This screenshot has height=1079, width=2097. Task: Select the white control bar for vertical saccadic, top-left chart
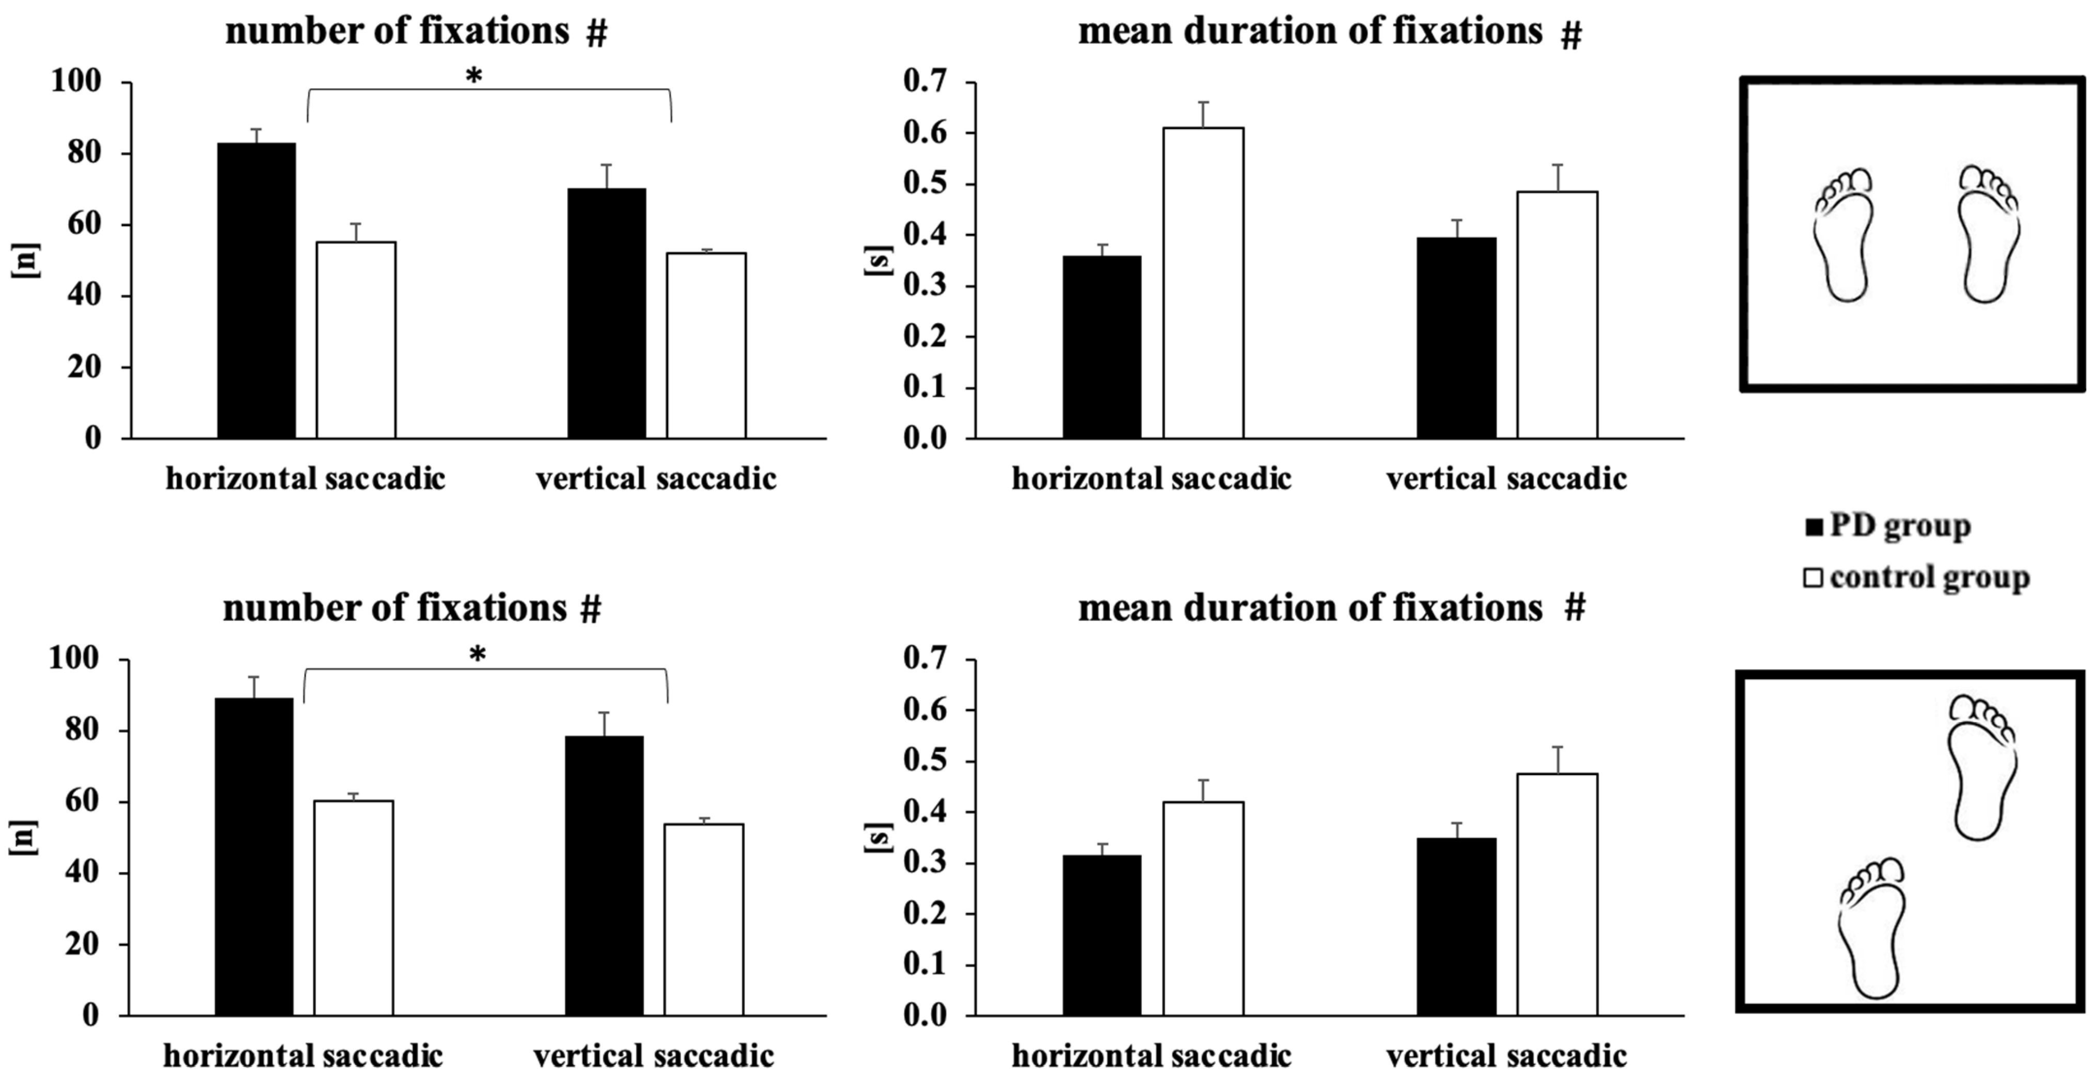[706, 345]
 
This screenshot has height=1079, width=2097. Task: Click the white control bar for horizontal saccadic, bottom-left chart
[353, 907]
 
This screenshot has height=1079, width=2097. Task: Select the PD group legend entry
[1888, 526]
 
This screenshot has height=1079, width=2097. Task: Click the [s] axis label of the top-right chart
[878, 261]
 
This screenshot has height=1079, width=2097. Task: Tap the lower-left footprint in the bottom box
[1871, 928]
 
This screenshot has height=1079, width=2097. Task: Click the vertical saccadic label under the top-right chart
[1506, 478]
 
